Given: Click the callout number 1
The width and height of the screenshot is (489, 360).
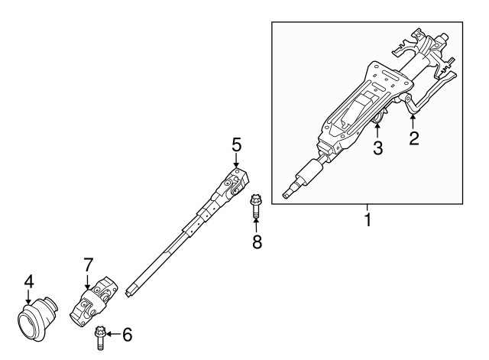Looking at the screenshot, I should pyautogui.click(x=368, y=221).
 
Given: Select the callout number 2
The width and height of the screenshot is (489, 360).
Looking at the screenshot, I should pyautogui.click(x=413, y=138).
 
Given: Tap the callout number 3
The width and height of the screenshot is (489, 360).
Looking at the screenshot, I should pyautogui.click(x=377, y=148).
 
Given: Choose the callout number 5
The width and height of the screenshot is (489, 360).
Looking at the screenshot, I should pyautogui.click(x=237, y=144).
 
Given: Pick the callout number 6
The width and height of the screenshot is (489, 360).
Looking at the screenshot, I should pyautogui.click(x=127, y=334).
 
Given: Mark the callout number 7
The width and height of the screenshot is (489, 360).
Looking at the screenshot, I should pyautogui.click(x=89, y=264).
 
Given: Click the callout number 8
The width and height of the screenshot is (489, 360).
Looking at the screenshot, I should pyautogui.click(x=257, y=242).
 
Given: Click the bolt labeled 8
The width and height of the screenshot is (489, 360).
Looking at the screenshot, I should pyautogui.click(x=255, y=205).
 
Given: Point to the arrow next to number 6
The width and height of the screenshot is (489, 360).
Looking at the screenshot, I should pyautogui.click(x=112, y=334).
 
